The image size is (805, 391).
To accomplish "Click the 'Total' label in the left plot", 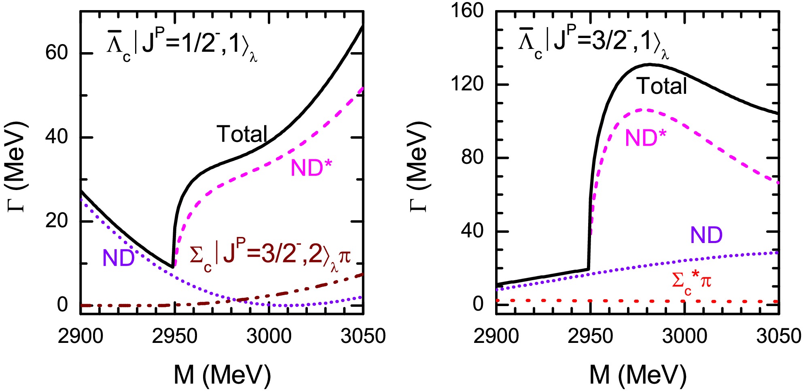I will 242,134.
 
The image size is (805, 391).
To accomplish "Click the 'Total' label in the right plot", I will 662,86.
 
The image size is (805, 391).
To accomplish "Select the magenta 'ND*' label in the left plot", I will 311,167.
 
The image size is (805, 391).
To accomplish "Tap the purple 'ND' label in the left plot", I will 119,258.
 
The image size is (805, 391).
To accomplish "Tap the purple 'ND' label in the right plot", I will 706,235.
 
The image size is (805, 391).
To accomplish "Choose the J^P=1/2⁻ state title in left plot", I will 182,46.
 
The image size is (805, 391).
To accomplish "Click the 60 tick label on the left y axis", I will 56,53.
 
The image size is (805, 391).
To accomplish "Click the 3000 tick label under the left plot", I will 269,336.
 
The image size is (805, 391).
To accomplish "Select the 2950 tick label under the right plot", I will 590,336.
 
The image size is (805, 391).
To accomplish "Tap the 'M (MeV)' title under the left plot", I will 222,374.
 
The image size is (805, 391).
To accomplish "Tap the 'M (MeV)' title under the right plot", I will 638,374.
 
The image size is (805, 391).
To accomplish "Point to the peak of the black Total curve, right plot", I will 649,64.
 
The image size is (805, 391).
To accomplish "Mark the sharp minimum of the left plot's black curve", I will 173,267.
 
